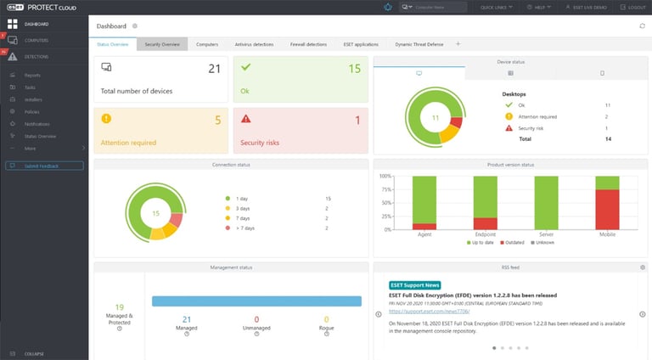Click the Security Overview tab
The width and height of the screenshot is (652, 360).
162,43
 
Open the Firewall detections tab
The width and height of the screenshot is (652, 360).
308,43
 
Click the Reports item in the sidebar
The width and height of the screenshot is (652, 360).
32,75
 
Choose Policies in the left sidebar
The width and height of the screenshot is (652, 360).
32,111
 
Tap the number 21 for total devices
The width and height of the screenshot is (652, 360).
214,69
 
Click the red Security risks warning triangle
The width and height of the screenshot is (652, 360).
245,119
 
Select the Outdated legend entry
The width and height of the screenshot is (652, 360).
513,242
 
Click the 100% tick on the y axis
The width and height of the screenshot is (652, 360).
385,177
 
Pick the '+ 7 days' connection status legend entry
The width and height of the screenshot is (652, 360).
248,228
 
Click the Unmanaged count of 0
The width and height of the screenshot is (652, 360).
256,320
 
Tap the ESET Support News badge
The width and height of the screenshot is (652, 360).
413,284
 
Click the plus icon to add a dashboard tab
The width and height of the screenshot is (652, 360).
458,43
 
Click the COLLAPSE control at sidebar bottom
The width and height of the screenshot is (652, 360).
34,353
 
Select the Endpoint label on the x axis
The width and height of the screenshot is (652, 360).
485,233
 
